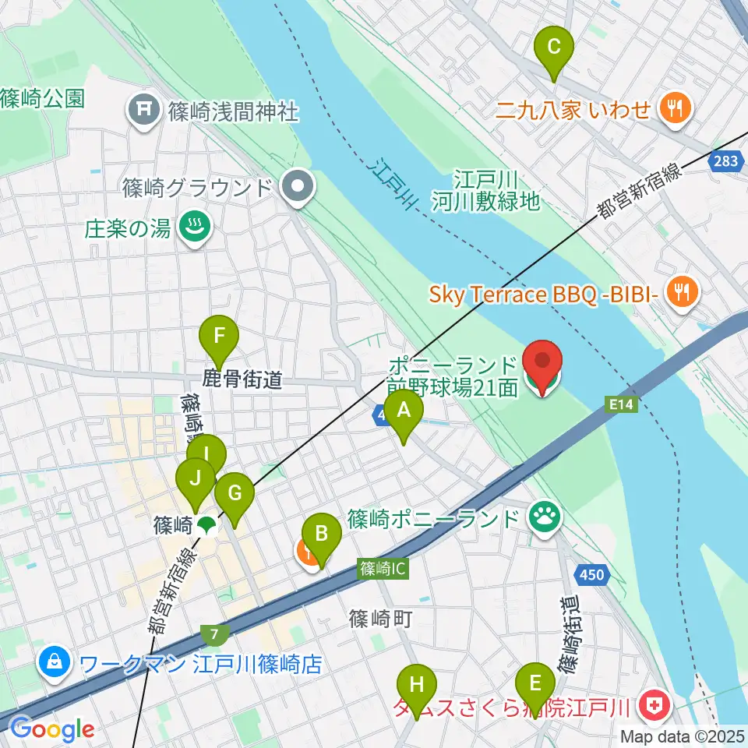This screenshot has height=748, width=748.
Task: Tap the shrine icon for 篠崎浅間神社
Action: point(144,108)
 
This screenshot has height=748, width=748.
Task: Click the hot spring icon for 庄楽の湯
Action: point(191,228)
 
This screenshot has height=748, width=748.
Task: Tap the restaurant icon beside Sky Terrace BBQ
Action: point(683,293)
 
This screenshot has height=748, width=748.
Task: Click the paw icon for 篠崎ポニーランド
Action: point(544,516)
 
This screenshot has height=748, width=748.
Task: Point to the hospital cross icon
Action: point(652,706)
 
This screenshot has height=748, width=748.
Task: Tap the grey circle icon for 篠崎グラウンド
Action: point(298,187)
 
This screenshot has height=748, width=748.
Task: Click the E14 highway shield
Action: point(618,403)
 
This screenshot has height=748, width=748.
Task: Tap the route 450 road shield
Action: point(591,575)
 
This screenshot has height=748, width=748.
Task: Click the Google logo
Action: point(53,729)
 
